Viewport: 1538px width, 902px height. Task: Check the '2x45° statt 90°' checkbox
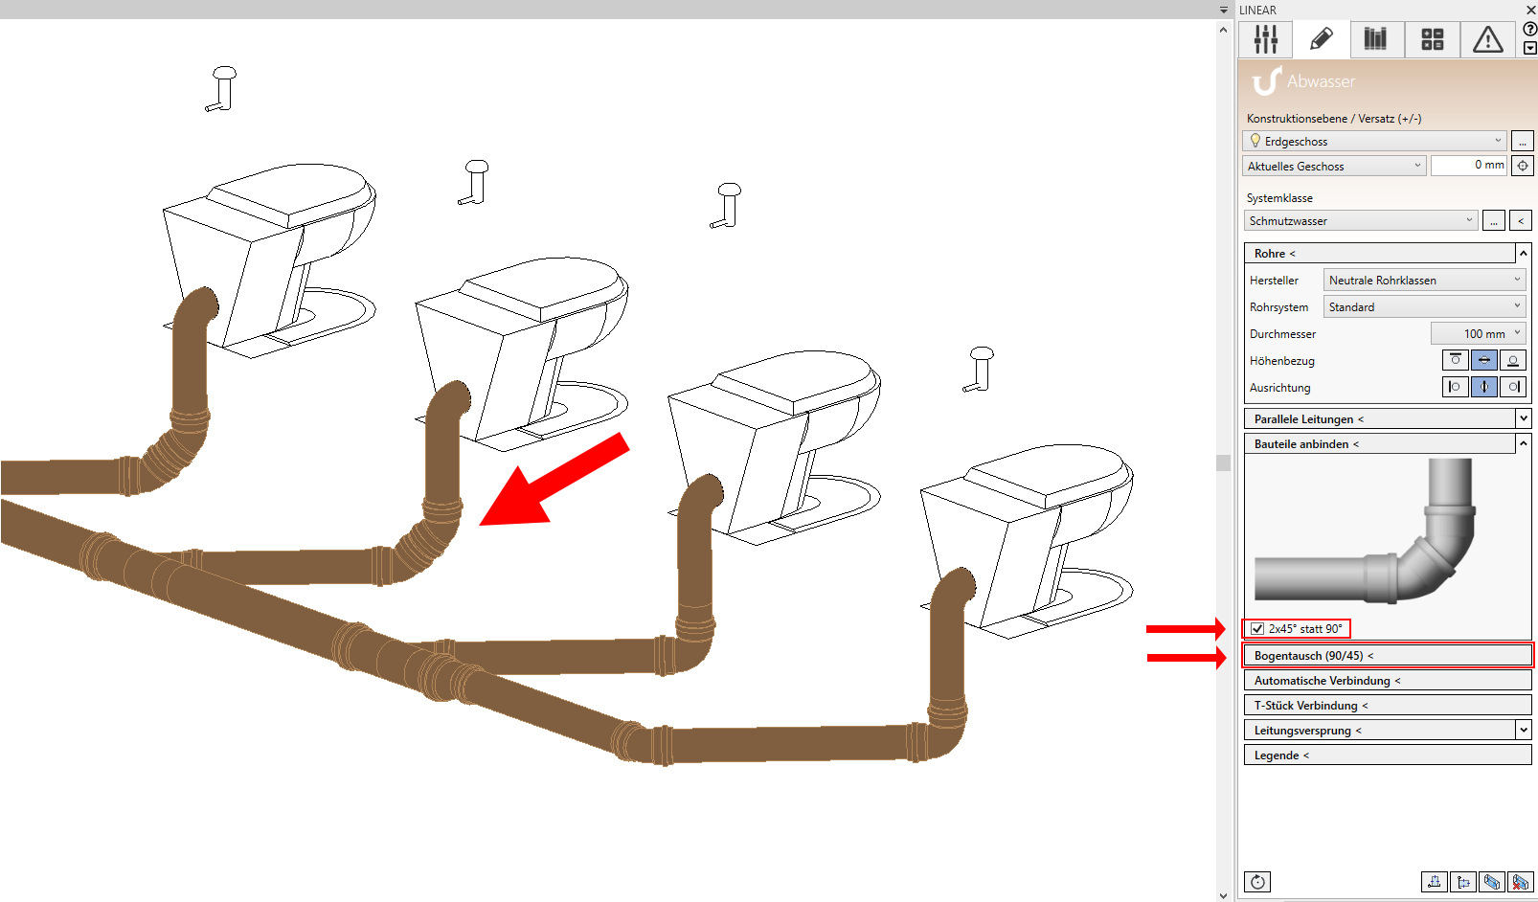coord(1257,628)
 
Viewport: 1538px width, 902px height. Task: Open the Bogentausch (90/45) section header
coord(1387,656)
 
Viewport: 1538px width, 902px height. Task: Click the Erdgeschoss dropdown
coord(1374,141)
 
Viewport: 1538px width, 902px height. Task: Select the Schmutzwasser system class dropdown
coord(1360,220)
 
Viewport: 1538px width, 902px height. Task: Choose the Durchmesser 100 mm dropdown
coord(1478,333)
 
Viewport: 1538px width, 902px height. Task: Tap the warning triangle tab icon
coord(1488,39)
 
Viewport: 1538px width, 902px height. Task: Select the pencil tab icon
coord(1321,39)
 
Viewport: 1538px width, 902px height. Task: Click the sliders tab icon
coord(1265,39)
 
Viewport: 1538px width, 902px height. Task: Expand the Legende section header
coord(1387,755)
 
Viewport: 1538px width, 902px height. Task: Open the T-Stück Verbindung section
coord(1387,705)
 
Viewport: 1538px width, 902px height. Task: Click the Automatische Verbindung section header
coord(1387,680)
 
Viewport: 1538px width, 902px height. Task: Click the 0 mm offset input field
coord(1469,166)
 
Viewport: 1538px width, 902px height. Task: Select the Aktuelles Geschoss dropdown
coord(1334,166)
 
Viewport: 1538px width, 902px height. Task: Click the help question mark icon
coord(1529,30)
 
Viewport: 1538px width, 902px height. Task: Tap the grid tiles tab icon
coord(1433,39)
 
